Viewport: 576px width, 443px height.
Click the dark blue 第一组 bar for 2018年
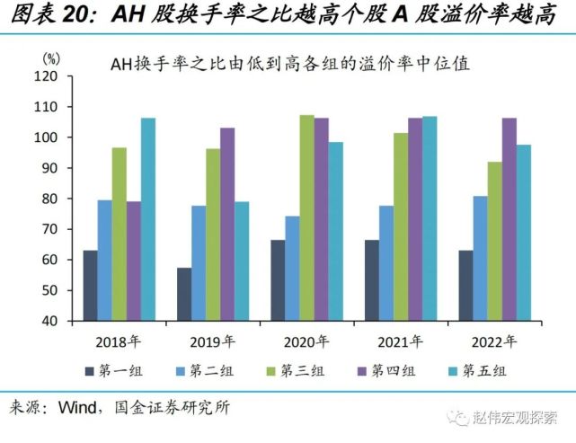pos(91,285)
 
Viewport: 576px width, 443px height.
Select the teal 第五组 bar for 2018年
pos(148,219)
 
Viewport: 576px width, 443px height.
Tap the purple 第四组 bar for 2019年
pos(227,224)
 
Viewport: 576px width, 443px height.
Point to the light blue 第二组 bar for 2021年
pos(385,263)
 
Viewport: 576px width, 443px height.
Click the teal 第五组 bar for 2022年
pos(522,233)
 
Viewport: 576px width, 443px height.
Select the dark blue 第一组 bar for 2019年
pos(184,294)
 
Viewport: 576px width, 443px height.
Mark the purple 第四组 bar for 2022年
pos(508,219)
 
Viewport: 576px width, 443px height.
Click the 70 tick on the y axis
pos(53,229)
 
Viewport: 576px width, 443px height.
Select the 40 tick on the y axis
pos(53,321)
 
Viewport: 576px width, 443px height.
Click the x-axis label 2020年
pos(306,341)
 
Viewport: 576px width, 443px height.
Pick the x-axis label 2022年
pos(493,341)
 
